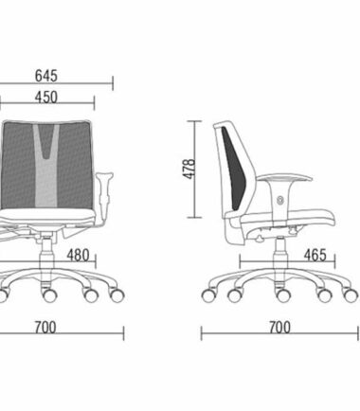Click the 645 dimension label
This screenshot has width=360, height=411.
pyautogui.click(x=46, y=76)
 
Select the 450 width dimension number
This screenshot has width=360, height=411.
pyautogui.click(x=46, y=98)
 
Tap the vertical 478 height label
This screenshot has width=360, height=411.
pyautogui.click(x=189, y=170)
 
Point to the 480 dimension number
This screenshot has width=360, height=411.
pyautogui.click(x=78, y=255)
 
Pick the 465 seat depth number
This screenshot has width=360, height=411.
pyautogui.click(x=315, y=255)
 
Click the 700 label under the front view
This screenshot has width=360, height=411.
pyautogui.click(x=45, y=328)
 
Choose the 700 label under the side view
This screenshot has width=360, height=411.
pyautogui.click(x=279, y=328)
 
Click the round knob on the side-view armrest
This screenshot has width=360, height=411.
pyautogui.click(x=279, y=200)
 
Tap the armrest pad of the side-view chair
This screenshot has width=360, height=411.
pyautogui.click(x=284, y=177)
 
